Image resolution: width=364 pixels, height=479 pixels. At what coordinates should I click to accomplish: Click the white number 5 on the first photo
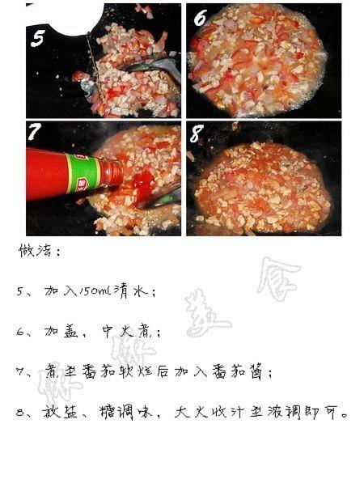[x=37, y=39]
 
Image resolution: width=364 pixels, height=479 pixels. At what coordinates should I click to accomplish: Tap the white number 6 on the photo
[x=201, y=19]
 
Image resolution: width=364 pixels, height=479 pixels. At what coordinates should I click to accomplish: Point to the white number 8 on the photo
[x=196, y=134]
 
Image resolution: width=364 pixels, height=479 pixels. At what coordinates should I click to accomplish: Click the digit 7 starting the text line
[x=21, y=373]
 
